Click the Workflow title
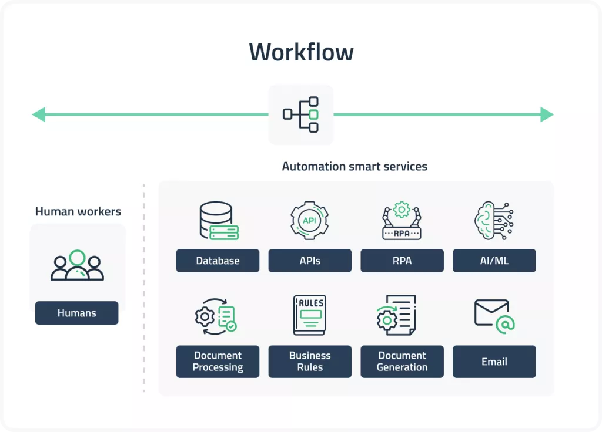tap(301, 52)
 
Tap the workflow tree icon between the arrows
tap(301, 114)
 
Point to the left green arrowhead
tap(39, 114)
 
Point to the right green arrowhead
tap(547, 114)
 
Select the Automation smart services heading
tap(354, 166)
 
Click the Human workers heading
tap(78, 211)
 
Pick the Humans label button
tap(77, 313)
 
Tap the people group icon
tap(77, 266)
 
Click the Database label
tap(218, 261)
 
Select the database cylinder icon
tap(218, 221)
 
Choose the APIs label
tap(310, 261)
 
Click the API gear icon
tap(310, 221)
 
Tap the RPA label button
tap(402, 261)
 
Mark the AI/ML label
tap(494, 261)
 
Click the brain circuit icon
tap(494, 221)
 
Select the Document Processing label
tap(218, 362)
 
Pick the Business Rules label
tap(310, 362)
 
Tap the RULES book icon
tap(309, 315)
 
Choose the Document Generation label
tap(402, 362)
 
